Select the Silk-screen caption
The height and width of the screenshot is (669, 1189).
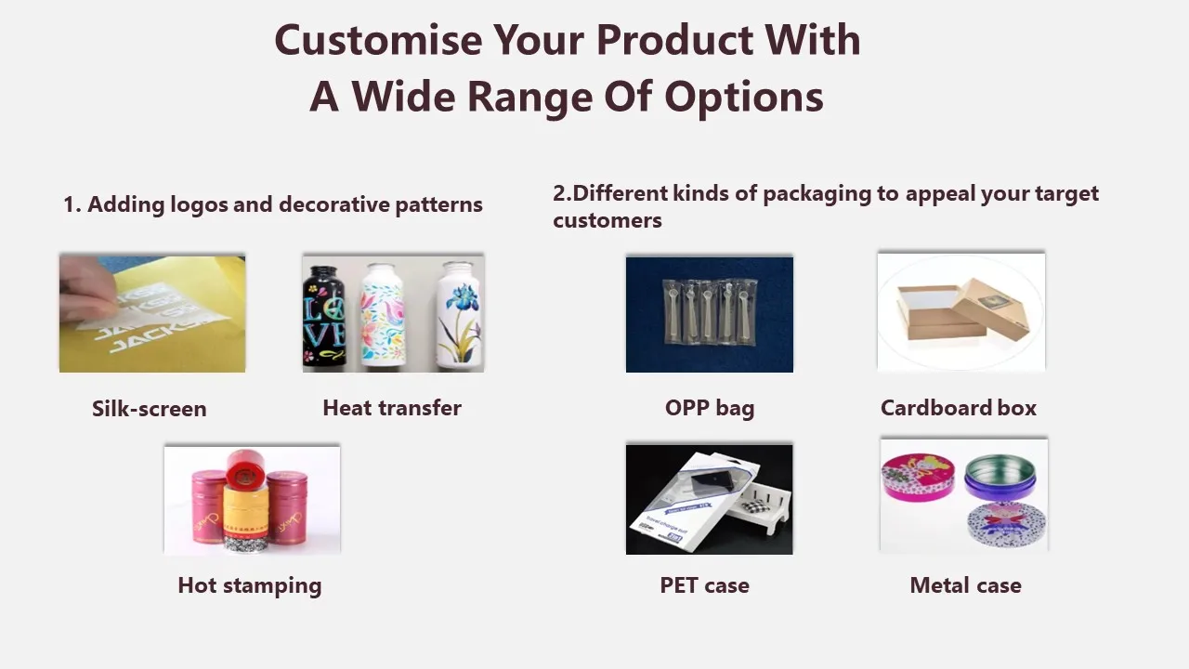click(x=149, y=409)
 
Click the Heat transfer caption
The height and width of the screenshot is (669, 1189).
click(x=391, y=408)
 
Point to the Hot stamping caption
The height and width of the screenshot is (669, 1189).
click(x=249, y=585)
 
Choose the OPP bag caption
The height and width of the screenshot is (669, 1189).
click(x=709, y=408)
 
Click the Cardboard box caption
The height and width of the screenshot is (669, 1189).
click(x=958, y=408)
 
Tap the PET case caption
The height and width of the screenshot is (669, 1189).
click(x=704, y=585)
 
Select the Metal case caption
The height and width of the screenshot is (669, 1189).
click(x=965, y=585)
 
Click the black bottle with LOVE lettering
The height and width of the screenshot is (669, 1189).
click(x=324, y=316)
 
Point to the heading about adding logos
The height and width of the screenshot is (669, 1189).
click(x=272, y=204)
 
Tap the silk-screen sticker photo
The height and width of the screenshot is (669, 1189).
click(x=152, y=314)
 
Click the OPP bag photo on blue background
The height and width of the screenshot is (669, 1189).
click(x=709, y=314)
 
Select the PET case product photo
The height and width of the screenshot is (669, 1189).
click(x=709, y=499)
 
